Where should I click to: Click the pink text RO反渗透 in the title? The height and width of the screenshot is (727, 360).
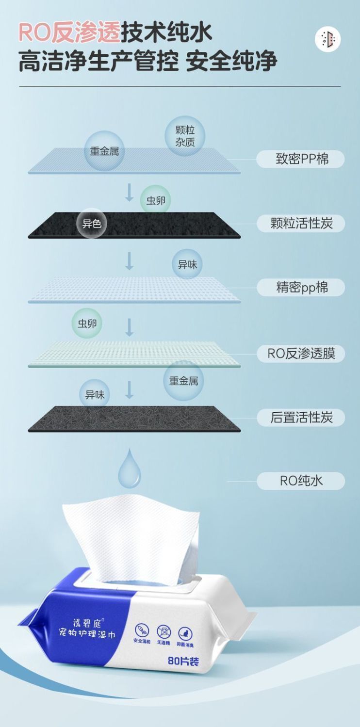click(69, 32)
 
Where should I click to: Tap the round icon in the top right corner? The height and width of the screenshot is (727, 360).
click(327, 39)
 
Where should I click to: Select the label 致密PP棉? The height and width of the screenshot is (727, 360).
click(301, 159)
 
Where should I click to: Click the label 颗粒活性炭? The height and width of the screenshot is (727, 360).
click(301, 224)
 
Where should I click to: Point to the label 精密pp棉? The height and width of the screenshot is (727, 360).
click(301, 288)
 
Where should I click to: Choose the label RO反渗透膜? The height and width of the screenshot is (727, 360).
click(301, 353)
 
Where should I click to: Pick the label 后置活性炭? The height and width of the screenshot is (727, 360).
click(301, 418)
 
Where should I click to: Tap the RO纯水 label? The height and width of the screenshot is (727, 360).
click(301, 481)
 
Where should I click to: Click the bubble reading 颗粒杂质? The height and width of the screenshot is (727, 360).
click(185, 136)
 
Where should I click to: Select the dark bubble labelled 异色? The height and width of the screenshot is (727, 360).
click(91, 224)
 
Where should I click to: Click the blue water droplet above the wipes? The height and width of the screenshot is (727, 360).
click(130, 469)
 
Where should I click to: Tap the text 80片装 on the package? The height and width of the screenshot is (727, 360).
click(183, 661)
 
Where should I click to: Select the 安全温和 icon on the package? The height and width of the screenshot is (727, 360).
click(142, 631)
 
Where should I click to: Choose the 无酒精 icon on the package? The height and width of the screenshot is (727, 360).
click(164, 632)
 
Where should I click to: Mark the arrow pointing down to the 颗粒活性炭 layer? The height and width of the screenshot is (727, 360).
click(130, 192)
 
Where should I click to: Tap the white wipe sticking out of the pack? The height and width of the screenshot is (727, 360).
click(131, 533)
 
